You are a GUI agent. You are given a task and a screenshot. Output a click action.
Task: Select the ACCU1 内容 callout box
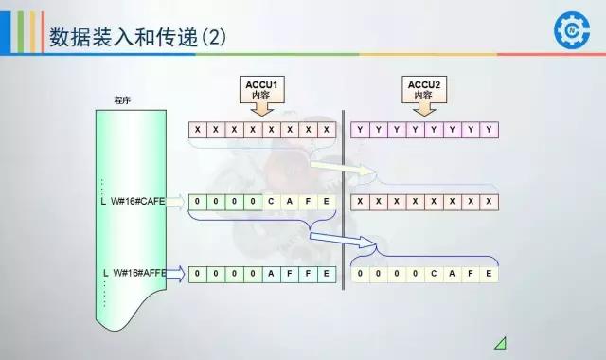click(262, 91)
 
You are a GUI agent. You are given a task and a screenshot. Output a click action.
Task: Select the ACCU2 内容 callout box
click(423, 91)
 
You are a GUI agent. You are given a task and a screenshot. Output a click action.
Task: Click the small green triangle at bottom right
click(499, 342)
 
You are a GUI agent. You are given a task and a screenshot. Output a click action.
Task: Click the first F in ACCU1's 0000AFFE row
click(290, 273)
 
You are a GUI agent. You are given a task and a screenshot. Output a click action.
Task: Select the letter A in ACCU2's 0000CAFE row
click(452, 273)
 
